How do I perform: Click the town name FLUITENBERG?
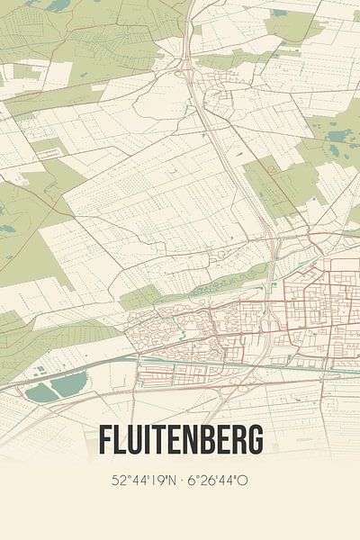pos(180,441)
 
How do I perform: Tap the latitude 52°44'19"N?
pos(141,481)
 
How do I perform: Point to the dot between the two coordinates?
pos(178,481)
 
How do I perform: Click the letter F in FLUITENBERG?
pos(103,441)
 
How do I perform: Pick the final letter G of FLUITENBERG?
pos(256,441)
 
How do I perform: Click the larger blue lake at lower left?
pos(68,385)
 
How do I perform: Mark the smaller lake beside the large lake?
pos(39,393)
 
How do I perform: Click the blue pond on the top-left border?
pos(59,5)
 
